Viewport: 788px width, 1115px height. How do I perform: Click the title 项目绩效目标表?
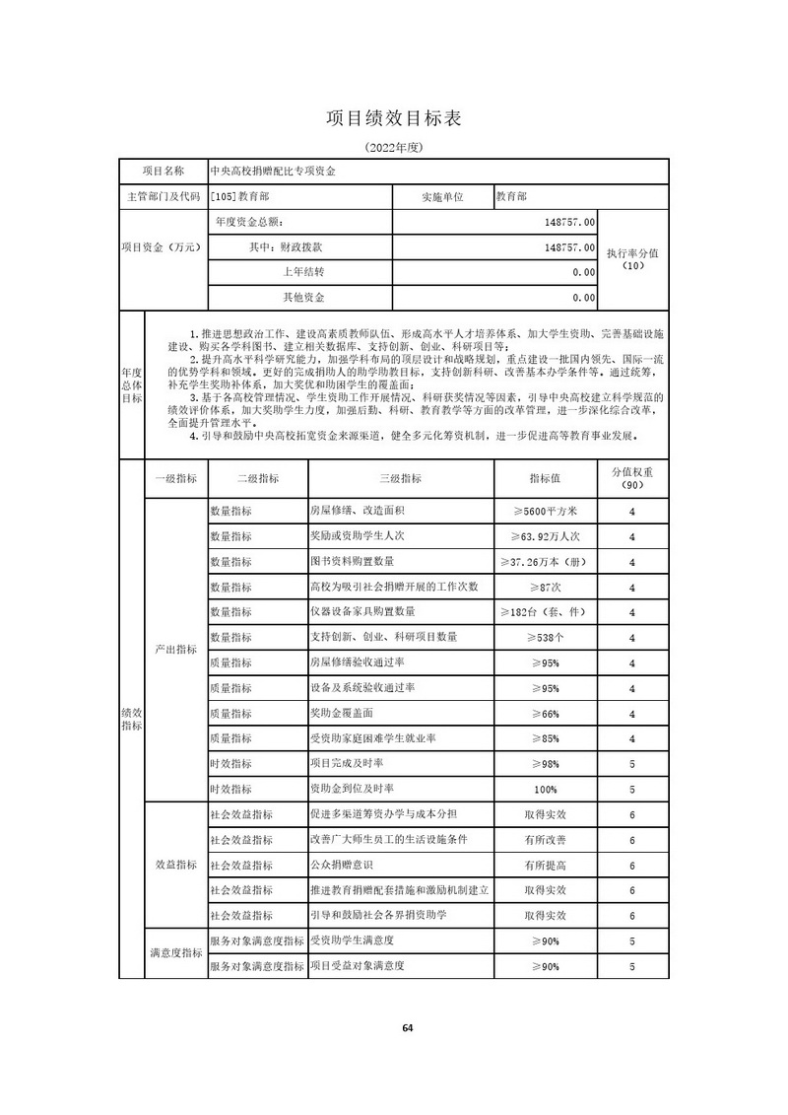pos(393,118)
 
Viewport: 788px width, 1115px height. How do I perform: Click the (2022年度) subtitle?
pos(394,148)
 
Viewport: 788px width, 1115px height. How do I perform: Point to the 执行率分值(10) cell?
pos(632,259)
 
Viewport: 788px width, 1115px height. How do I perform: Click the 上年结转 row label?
pos(303,271)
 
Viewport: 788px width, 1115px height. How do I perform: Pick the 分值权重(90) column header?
pos(632,478)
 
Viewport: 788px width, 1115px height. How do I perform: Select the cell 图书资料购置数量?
pos(352,561)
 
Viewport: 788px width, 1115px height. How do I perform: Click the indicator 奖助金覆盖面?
pos(342,713)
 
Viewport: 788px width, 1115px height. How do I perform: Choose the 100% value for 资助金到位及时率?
pos(545,789)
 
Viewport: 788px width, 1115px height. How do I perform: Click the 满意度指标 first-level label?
pos(176,953)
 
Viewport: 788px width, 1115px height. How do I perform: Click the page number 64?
pos(408,1028)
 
